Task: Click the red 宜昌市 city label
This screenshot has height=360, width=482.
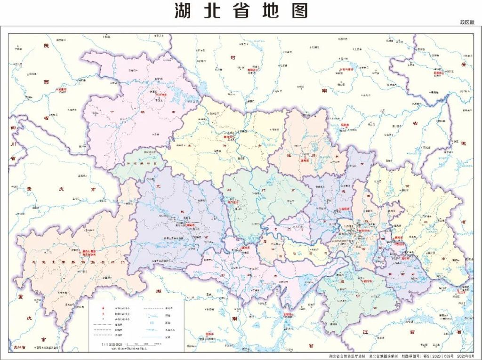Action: (x=191, y=225)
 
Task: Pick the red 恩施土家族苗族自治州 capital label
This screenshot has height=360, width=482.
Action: (x=89, y=253)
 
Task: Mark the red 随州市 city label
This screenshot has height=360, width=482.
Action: (x=306, y=160)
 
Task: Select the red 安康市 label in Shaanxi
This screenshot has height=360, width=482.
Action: (x=62, y=88)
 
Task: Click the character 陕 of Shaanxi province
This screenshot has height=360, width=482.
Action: (x=46, y=46)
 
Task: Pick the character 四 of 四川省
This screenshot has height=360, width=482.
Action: (x=13, y=127)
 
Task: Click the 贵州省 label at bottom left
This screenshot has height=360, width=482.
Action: (x=19, y=347)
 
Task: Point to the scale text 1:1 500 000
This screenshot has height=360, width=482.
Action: (x=112, y=344)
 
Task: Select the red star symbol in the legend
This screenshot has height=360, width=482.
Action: (x=103, y=308)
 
